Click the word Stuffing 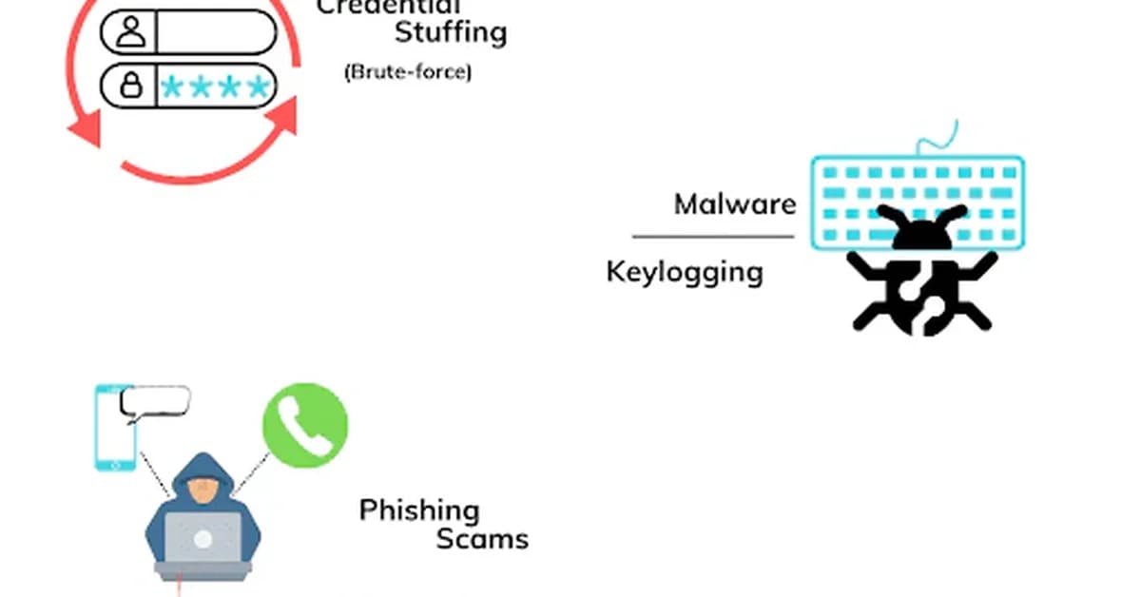[x=451, y=33]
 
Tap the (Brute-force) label [x=407, y=71]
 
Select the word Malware [x=734, y=203]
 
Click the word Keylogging [x=685, y=272]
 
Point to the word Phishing [x=419, y=510]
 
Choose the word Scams [x=482, y=539]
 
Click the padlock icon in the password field [x=131, y=87]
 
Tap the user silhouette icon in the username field [x=131, y=31]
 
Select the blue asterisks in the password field [x=215, y=87]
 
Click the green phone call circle [x=305, y=424]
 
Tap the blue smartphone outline [x=114, y=427]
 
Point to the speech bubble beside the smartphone [x=155, y=402]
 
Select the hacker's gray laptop [x=203, y=544]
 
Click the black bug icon [x=920, y=277]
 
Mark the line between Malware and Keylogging [x=713, y=237]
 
